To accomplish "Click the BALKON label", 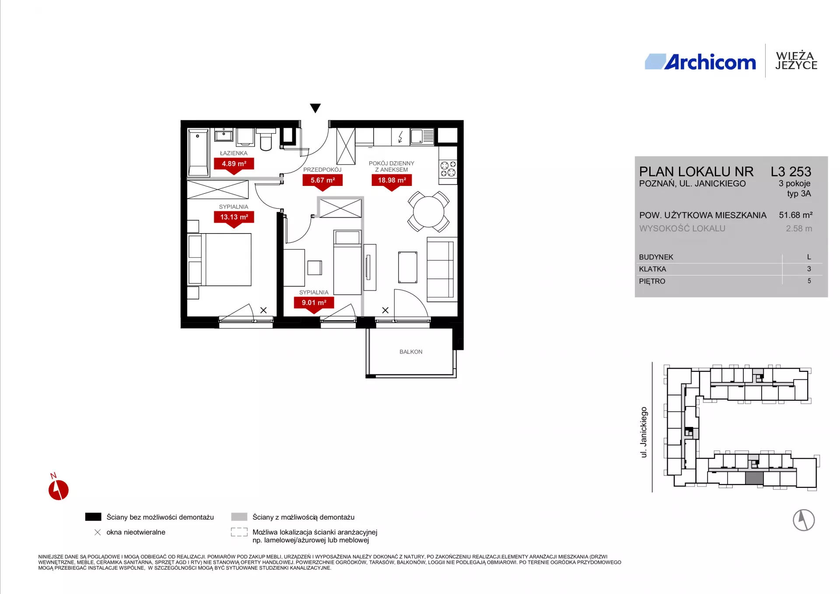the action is pos(411,352).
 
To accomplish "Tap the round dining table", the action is pos(429,212).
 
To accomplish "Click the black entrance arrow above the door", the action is pos(315,108).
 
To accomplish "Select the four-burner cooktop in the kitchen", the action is pos(448,168).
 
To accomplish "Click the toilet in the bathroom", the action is pos(266,139).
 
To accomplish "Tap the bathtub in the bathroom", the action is pos(198,153).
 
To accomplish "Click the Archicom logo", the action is pos(700,62).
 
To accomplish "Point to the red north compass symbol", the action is pos(58,489).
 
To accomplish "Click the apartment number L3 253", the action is pos(791,171).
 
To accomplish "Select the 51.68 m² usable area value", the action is pos(796,215).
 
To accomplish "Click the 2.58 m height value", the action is pos(799,228).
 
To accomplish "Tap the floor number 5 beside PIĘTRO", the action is pos(809,281).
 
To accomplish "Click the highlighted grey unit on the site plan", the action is pos(754,478).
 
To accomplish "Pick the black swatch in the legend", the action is pos(93,517).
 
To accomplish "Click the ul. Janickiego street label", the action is pos(644,432).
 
